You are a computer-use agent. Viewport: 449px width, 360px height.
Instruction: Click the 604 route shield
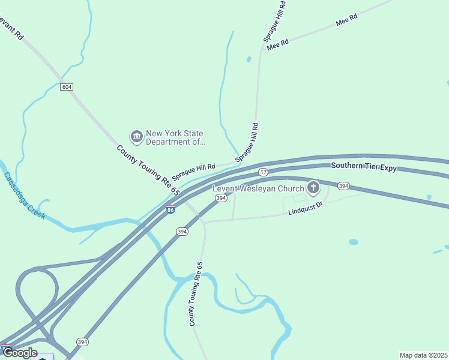coord(67,87)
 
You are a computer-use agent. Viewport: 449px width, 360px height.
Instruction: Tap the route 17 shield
coord(264,172)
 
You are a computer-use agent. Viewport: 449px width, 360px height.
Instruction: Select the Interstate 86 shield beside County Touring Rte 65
coord(171,209)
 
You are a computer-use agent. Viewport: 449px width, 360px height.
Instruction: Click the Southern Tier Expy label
coord(364,168)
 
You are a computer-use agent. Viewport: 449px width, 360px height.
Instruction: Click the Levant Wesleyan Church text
coord(259,188)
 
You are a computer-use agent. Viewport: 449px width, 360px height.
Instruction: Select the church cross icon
coord(313,188)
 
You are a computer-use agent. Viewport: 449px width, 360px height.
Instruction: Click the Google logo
coord(20,352)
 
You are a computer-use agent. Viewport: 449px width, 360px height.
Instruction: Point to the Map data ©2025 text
coord(423,355)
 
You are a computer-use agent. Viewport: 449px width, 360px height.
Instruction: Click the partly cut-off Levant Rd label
coord(11,27)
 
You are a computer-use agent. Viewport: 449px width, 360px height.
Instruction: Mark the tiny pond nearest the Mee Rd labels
coord(249,59)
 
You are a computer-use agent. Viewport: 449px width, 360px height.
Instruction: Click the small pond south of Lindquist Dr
coord(354,242)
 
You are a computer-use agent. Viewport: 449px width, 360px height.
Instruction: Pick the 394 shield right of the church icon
coord(343,186)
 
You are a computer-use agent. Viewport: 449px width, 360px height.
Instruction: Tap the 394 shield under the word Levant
coord(221,198)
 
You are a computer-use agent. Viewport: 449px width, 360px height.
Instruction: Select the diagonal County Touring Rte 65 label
coord(148,170)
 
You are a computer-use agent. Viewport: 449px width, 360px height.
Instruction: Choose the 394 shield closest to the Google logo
coord(83,342)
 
